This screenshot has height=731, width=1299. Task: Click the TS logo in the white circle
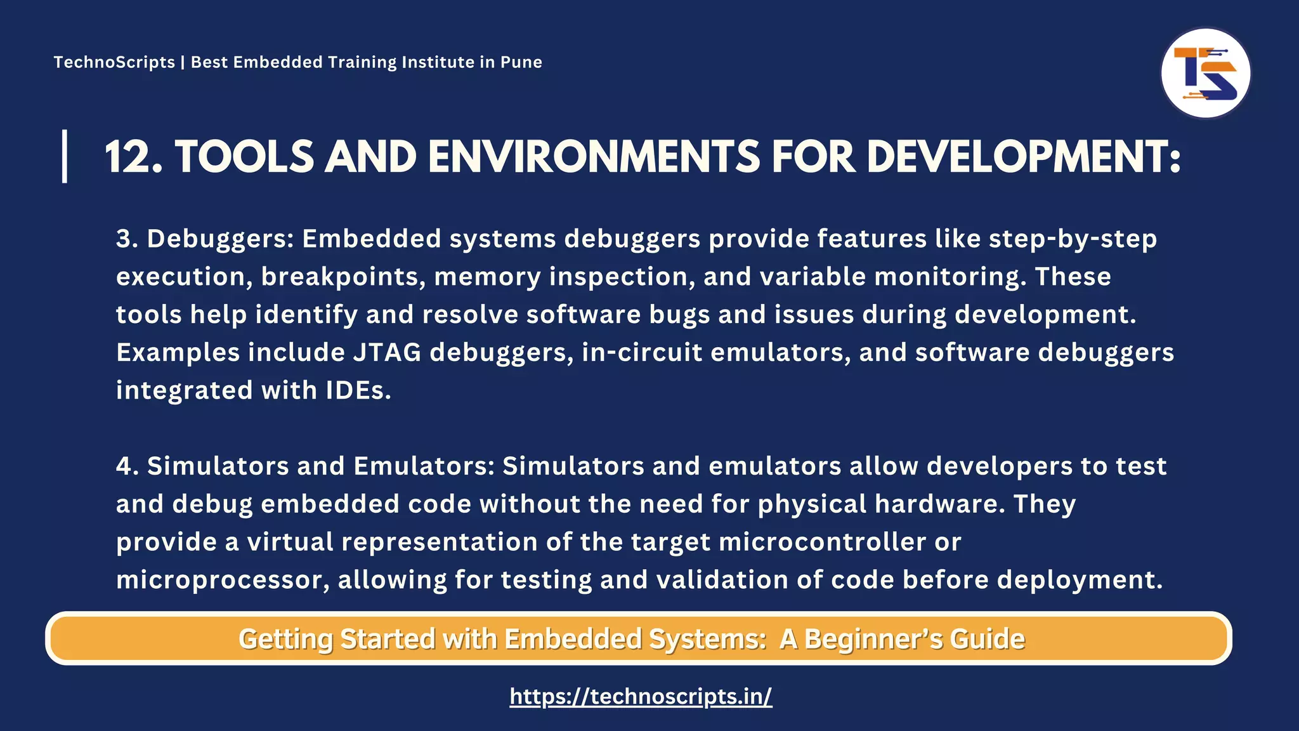[x=1205, y=74]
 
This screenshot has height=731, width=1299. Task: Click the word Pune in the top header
[x=521, y=62]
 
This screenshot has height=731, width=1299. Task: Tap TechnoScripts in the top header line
[x=114, y=62]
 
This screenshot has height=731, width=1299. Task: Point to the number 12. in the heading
[x=133, y=157]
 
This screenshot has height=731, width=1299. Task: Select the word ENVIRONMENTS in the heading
[x=594, y=157]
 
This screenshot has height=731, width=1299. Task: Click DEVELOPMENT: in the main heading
[x=1023, y=157]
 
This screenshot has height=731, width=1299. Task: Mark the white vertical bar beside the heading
[x=65, y=156]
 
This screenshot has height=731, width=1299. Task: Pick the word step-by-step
[x=1073, y=239]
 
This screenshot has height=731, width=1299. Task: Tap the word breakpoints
[x=343, y=277]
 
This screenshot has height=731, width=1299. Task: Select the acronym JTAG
[x=387, y=353]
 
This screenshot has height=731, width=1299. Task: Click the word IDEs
[x=358, y=391]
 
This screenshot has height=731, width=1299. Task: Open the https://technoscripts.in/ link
[x=641, y=697]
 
